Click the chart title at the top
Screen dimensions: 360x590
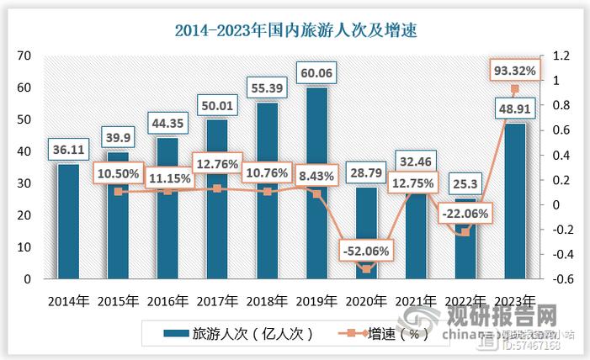(295, 30)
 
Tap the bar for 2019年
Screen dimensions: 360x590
(316, 185)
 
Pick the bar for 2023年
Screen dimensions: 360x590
(515, 202)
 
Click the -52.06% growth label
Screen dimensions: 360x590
(366, 250)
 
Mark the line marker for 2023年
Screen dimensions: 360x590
(515, 89)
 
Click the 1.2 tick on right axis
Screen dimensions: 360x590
(561, 56)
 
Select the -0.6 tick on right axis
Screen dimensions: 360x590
(561, 279)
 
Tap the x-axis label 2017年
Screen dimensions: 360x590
(218, 301)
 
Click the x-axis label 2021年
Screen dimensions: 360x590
(416, 301)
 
